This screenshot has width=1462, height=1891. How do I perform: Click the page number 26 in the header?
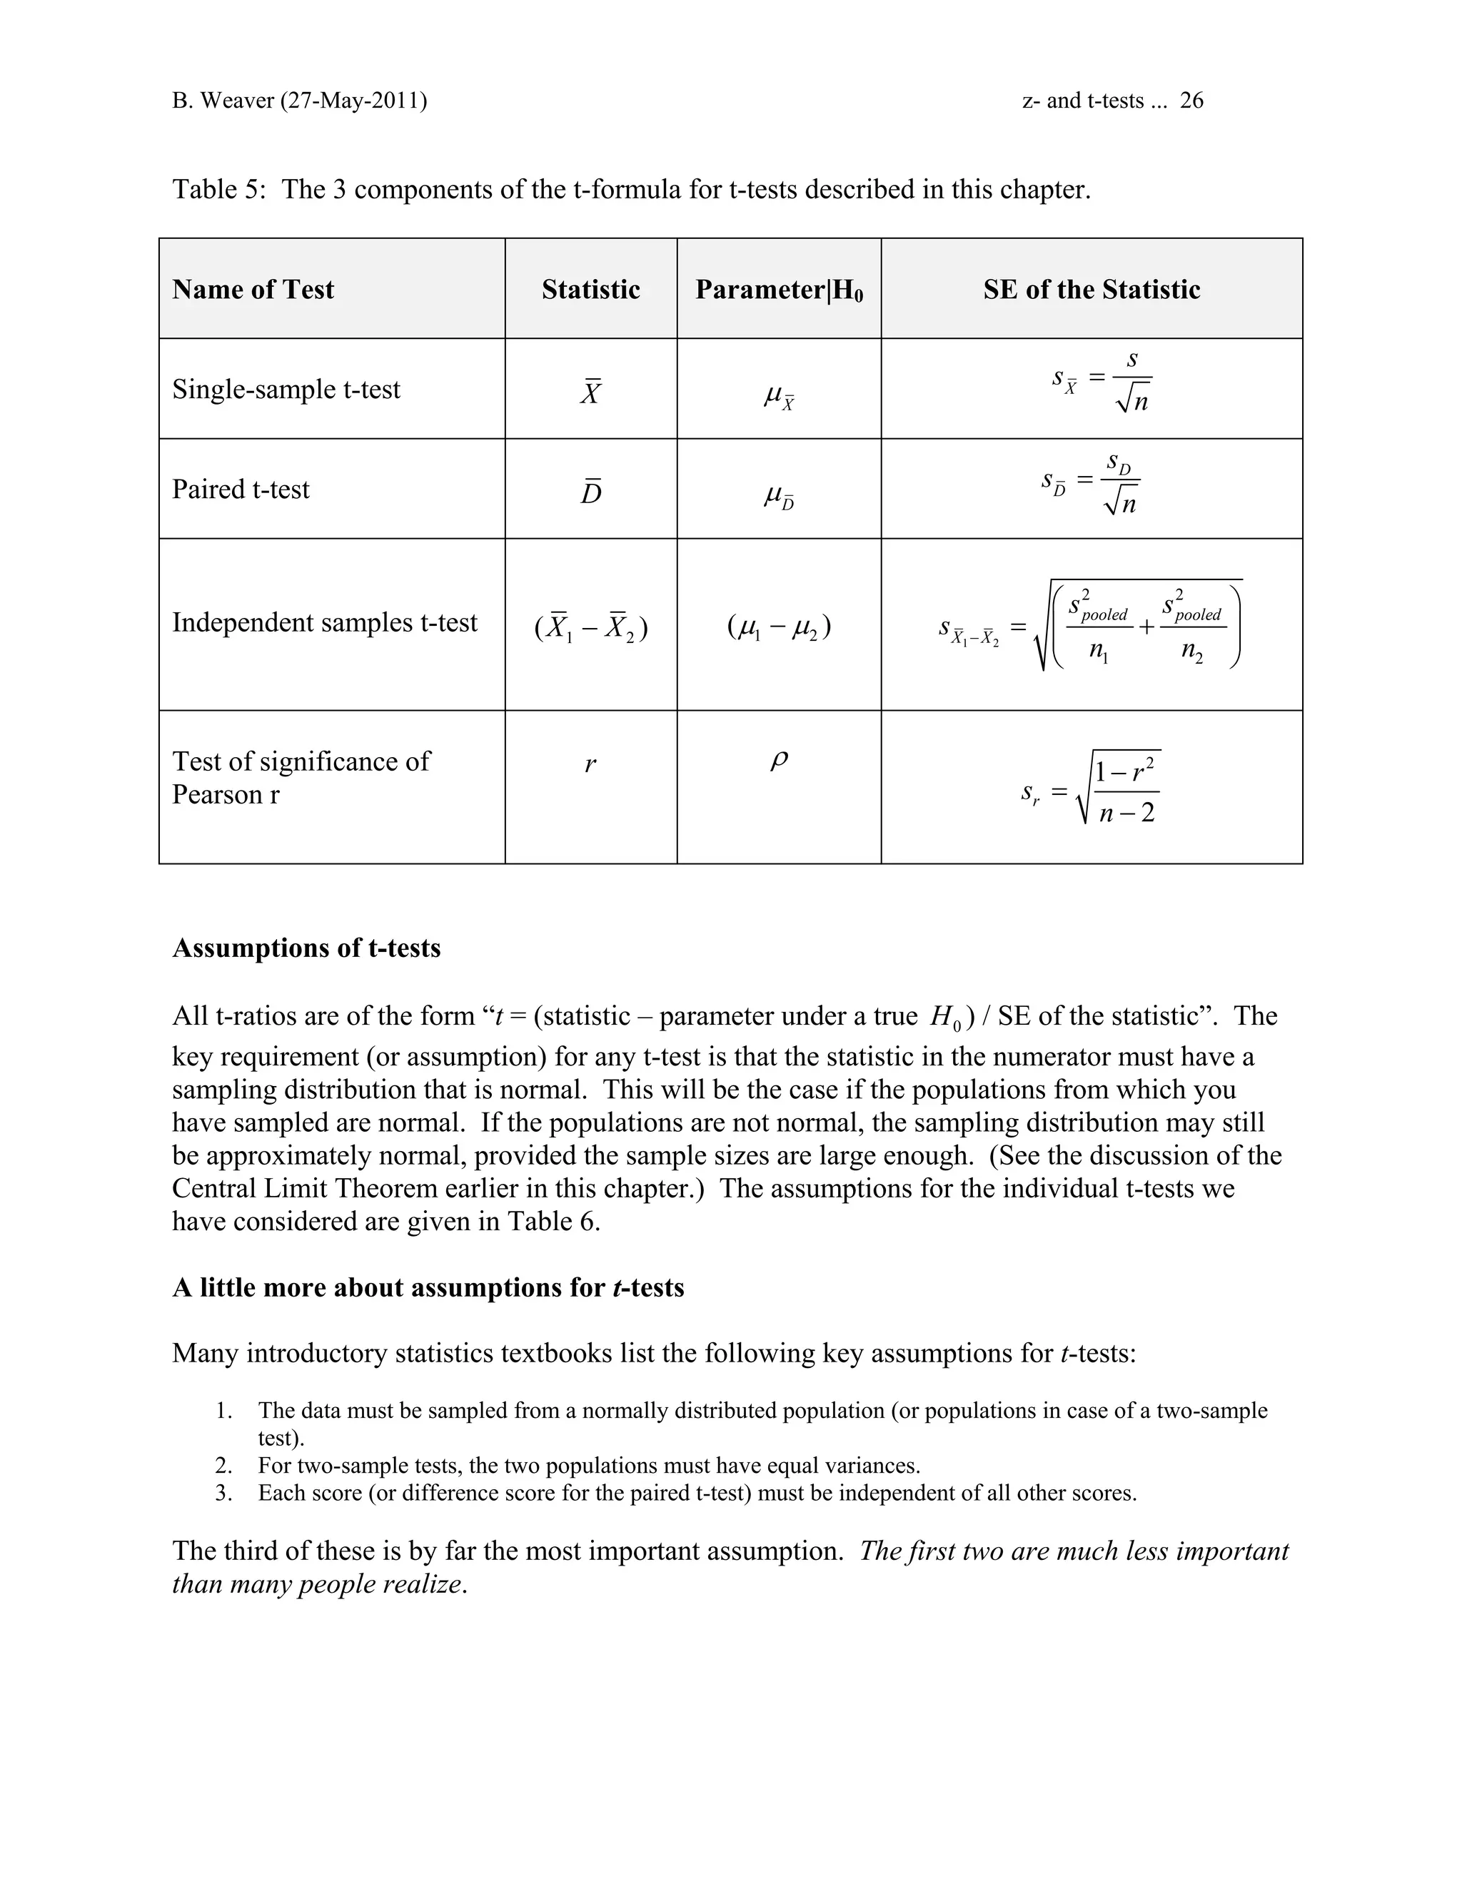[x=1191, y=101]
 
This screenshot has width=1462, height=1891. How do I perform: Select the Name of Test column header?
[x=253, y=289]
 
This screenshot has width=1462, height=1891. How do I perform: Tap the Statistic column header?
[x=590, y=289]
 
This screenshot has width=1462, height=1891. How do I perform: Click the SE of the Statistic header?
[x=1092, y=289]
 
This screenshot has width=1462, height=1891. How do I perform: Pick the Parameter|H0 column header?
[x=779, y=290]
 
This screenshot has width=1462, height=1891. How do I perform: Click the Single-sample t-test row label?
[x=286, y=389]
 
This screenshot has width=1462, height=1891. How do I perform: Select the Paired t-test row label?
[x=241, y=490]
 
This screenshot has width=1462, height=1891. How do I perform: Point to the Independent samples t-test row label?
[x=324, y=622]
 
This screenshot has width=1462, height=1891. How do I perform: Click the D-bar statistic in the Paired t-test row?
[x=590, y=491]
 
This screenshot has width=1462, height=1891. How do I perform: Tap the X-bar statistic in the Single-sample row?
[x=590, y=391]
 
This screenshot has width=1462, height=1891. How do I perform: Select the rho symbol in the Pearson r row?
[x=779, y=760]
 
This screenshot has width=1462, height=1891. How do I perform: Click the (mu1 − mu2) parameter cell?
[x=779, y=626]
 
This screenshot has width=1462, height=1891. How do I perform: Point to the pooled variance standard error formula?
[x=1092, y=626]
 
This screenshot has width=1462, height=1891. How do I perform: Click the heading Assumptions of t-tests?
[x=306, y=948]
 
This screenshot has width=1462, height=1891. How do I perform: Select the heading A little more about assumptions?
[x=428, y=1287]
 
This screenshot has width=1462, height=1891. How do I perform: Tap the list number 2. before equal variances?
[x=224, y=1466]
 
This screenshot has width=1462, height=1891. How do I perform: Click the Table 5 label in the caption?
[x=218, y=189]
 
